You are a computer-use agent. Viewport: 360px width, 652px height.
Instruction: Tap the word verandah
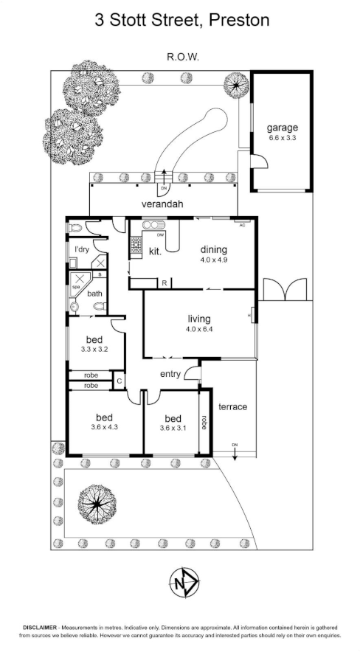(x=162, y=204)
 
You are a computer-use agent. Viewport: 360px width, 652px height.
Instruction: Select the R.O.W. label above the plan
(x=183, y=57)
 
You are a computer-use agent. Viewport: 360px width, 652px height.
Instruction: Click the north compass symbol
(x=184, y=583)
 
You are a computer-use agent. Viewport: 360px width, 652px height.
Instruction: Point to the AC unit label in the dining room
(x=242, y=224)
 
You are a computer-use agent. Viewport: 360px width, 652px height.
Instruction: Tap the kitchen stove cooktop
(x=136, y=245)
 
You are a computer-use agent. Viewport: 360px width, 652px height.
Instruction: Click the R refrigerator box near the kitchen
(x=165, y=283)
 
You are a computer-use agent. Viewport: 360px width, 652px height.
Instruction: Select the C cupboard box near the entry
(x=120, y=381)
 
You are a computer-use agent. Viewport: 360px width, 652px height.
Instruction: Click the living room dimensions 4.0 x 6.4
(x=198, y=330)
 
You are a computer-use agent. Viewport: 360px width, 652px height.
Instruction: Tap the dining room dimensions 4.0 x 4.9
(x=214, y=260)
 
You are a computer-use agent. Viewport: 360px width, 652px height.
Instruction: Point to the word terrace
(x=233, y=406)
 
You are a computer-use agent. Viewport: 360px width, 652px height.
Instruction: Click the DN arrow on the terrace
(x=235, y=452)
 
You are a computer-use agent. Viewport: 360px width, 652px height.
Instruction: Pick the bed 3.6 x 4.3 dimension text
(x=104, y=427)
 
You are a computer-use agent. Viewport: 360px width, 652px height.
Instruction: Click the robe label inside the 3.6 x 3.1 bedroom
(x=204, y=422)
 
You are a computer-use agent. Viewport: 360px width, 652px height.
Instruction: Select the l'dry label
(x=82, y=250)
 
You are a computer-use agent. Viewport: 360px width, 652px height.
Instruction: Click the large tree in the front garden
(x=97, y=504)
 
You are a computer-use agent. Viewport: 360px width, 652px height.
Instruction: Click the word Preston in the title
(x=240, y=19)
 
